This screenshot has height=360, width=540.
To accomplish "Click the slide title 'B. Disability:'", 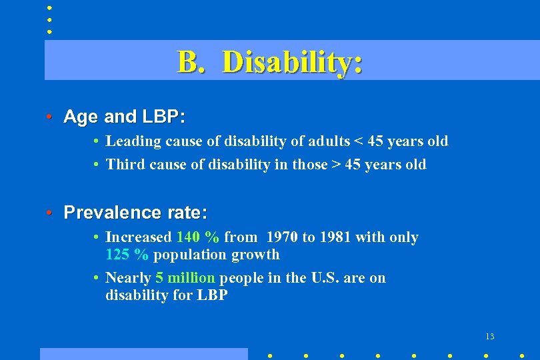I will point(270,62).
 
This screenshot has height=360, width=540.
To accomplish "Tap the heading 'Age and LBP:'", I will point(124,117).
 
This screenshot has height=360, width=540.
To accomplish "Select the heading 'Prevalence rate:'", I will point(135,213).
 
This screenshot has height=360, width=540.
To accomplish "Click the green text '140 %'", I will point(198,237).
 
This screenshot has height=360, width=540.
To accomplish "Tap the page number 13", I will point(490,336).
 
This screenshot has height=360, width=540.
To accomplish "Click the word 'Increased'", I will point(139,237).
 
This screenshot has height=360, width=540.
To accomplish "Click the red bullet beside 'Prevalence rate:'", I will point(49,213).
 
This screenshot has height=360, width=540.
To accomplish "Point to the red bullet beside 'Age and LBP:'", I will point(49,117).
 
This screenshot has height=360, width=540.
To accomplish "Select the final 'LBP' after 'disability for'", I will point(213,295).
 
